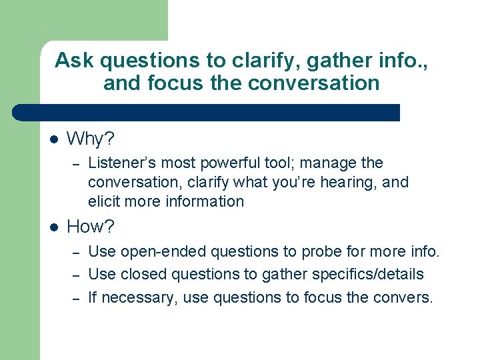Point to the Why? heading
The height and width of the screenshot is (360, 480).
point(91,139)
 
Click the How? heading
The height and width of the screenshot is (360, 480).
point(91,227)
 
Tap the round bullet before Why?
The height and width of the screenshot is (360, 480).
point(54,140)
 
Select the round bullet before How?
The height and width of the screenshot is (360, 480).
point(54,227)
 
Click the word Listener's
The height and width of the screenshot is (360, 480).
point(121,163)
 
